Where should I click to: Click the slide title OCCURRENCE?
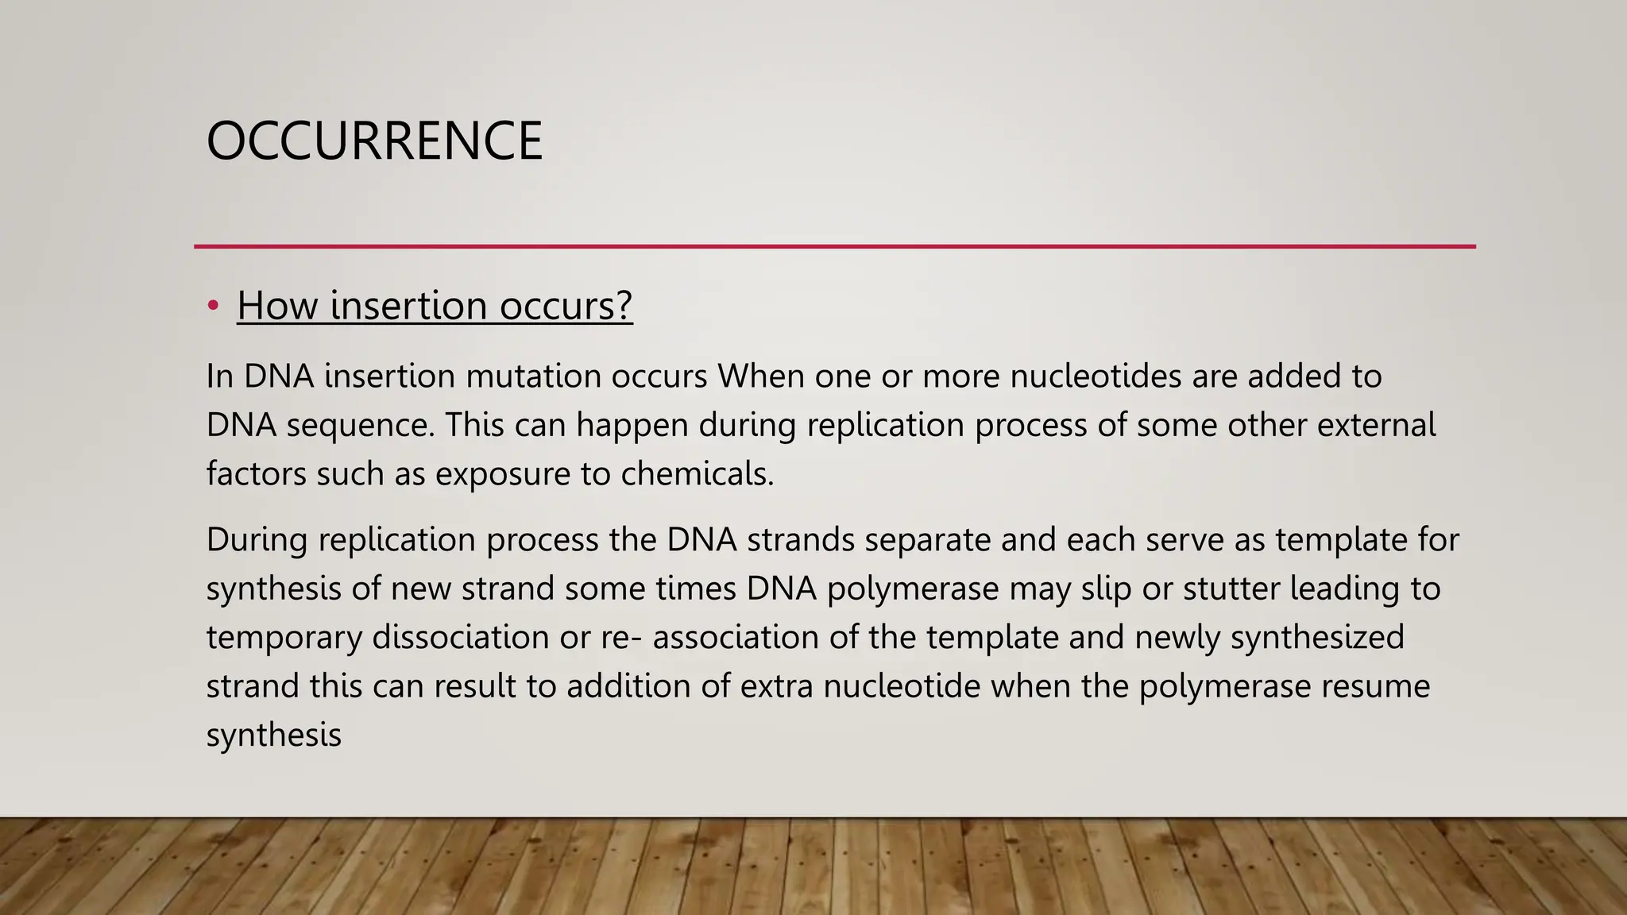pyautogui.click(x=374, y=141)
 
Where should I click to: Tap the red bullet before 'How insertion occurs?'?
pyautogui.click(x=213, y=306)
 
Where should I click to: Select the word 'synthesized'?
pyautogui.click(x=1316, y=638)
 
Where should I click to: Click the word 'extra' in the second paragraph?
pyautogui.click(x=776, y=686)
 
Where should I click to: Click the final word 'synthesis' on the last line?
pyautogui.click(x=273, y=735)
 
